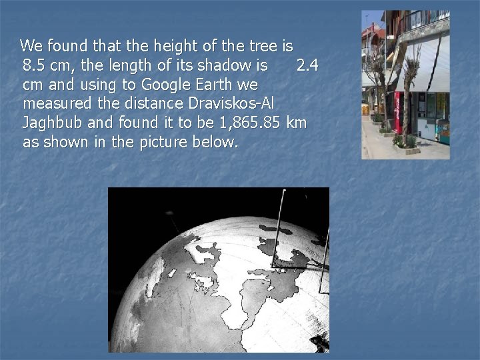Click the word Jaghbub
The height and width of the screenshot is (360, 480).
[x=51, y=123]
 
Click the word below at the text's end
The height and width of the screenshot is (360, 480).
[x=217, y=143]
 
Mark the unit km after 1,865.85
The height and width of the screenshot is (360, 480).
[x=296, y=123]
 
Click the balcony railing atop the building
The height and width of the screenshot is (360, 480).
[x=427, y=21]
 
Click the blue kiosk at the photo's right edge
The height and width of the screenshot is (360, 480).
[x=443, y=130]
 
